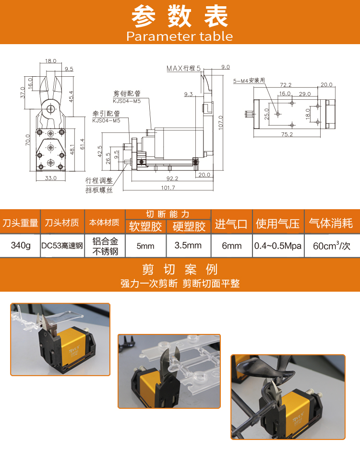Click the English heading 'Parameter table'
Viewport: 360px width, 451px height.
(x=180, y=36)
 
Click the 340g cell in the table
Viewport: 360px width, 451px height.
(x=21, y=245)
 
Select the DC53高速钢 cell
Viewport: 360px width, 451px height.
(x=62, y=246)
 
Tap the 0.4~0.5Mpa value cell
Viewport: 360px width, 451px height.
(x=278, y=246)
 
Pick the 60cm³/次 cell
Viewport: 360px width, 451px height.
(x=332, y=246)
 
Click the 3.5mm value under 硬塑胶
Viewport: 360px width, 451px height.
(x=188, y=245)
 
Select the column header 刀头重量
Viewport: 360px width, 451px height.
(x=21, y=223)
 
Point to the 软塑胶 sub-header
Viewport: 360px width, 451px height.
(x=145, y=226)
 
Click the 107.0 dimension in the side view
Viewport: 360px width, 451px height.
(x=220, y=123)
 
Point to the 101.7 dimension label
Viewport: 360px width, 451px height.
(x=168, y=188)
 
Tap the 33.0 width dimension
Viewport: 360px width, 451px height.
(x=51, y=178)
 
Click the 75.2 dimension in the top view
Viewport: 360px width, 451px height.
(x=287, y=134)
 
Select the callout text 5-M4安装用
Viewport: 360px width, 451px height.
(x=249, y=81)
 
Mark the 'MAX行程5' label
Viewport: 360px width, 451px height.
(x=183, y=69)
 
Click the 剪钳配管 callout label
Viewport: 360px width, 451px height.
(x=127, y=94)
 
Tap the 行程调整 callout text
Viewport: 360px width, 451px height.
(x=99, y=180)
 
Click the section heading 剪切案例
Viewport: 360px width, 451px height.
(x=180, y=270)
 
